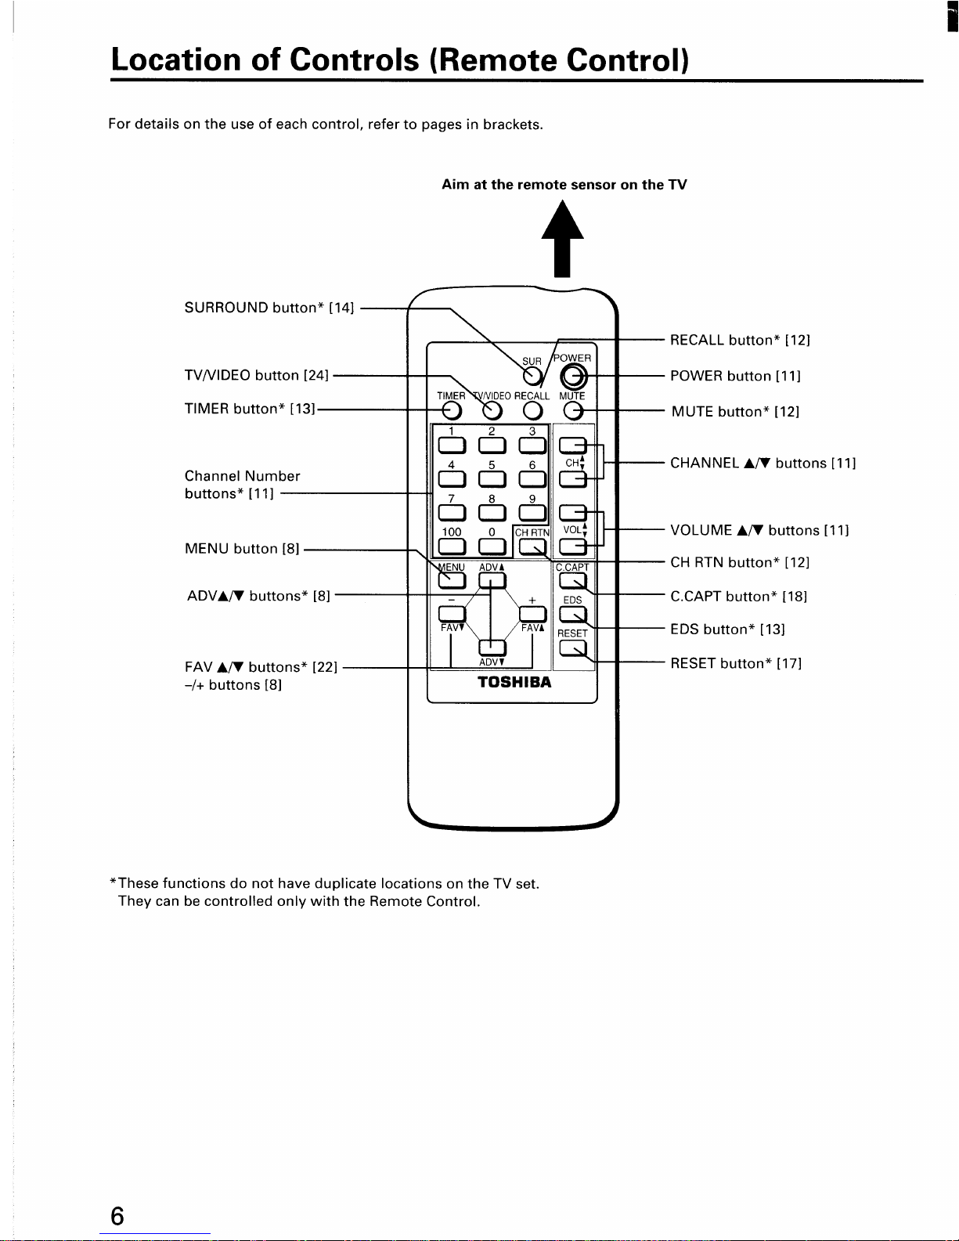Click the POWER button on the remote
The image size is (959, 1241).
pyautogui.click(x=573, y=377)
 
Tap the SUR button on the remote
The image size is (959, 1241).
pyautogui.click(x=532, y=376)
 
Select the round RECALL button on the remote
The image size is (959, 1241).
pyautogui.click(x=532, y=410)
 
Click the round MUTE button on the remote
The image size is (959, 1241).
pyautogui.click(x=572, y=410)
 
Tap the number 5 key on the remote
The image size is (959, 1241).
pyautogui.click(x=492, y=478)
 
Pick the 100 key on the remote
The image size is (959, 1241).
pyautogui.click(x=452, y=547)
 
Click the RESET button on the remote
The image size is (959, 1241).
pyautogui.click(x=572, y=648)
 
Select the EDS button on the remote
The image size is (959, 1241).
pyautogui.click(x=572, y=615)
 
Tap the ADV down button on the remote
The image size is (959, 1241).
pyautogui.click(x=492, y=648)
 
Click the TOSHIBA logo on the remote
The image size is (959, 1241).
pyautogui.click(x=514, y=682)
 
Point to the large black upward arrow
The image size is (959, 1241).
pyautogui.click(x=562, y=238)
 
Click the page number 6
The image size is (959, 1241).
pyautogui.click(x=117, y=1216)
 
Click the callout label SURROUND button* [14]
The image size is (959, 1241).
pyautogui.click(x=269, y=308)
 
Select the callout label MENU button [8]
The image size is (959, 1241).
pyautogui.click(x=241, y=549)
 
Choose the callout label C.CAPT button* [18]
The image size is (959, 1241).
pyautogui.click(x=738, y=597)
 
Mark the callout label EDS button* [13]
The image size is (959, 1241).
pyautogui.click(x=727, y=630)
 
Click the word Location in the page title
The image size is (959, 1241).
pyautogui.click(x=176, y=60)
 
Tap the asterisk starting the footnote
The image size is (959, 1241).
pyautogui.click(x=113, y=881)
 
